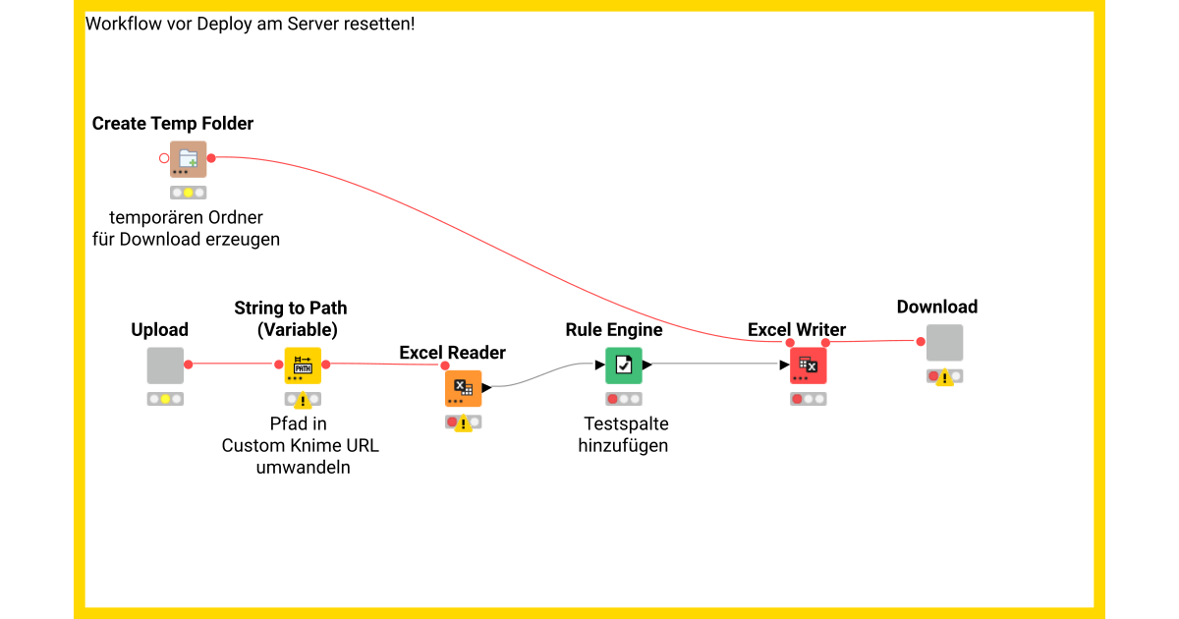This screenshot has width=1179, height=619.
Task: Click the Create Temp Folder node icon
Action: tap(188, 159)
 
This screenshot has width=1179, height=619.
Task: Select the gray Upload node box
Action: tap(165, 366)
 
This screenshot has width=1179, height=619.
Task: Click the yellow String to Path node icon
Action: tap(303, 366)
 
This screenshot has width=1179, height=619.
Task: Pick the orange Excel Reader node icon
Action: tap(463, 389)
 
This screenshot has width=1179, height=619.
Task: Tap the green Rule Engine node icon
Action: tap(623, 366)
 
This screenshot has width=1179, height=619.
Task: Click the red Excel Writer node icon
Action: tap(808, 366)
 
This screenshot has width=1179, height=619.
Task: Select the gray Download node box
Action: tap(944, 343)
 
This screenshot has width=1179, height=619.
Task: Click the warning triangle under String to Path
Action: tap(303, 400)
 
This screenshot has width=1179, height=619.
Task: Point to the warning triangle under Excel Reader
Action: tap(463, 423)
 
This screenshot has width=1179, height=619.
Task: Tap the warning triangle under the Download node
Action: tap(944, 377)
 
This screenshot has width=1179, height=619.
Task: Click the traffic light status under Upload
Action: tap(165, 399)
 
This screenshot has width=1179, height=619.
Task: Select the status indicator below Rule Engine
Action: tap(623, 399)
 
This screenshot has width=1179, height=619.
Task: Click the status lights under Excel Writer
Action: tap(808, 399)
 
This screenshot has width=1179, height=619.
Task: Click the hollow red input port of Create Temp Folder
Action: tap(164, 158)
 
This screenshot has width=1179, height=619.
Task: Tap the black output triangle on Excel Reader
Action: tap(486, 388)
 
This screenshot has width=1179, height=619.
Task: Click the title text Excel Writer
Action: tap(796, 330)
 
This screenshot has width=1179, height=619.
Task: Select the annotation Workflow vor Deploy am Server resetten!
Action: tap(251, 24)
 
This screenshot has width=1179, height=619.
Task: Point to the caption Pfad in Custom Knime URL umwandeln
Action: tap(300, 446)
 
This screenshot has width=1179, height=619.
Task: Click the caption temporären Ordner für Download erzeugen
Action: tap(186, 228)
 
